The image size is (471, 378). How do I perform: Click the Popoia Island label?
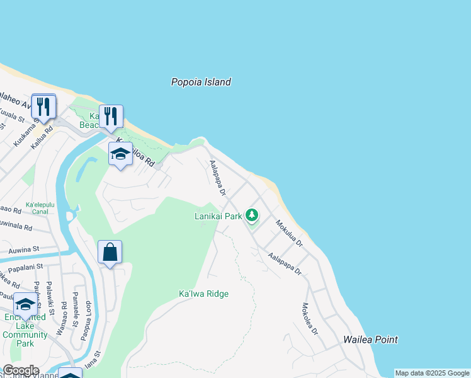coord(201,82)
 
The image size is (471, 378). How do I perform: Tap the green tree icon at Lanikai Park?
coord(252,216)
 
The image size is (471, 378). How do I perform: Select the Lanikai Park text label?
coord(218,217)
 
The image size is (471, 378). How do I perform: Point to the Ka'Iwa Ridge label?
coord(203,294)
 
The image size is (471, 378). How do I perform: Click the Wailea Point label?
coord(370,340)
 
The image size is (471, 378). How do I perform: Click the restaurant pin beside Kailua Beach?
coord(111,117)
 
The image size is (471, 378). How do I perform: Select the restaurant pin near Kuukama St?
coord(43,106)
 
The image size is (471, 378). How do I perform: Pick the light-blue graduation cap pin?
coord(120,154)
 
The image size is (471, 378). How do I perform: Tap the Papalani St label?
coord(26,266)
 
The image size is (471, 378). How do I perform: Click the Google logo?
coord(20,370)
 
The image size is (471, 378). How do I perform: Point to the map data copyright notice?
coord(432,373)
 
